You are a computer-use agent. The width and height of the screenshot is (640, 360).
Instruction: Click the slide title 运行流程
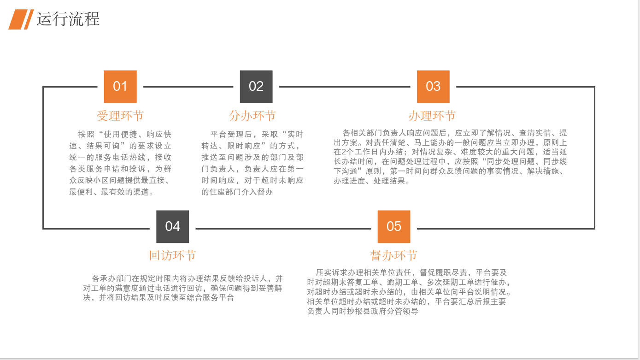pos(68,19)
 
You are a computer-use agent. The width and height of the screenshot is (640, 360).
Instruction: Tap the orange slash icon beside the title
pos(21,19)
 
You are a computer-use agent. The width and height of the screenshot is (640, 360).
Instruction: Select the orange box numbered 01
pos(120,87)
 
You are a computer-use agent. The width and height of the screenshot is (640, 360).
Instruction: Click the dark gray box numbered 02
pos(256,87)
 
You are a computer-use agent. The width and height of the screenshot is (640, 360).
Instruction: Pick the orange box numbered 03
pos(433,87)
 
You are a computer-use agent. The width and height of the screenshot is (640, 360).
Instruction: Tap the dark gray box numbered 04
pos(172,226)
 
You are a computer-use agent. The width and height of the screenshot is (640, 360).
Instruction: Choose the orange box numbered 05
pos(394,226)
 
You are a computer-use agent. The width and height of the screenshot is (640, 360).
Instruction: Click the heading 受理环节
pos(120,115)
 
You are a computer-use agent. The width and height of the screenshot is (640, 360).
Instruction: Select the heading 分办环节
pos(252,115)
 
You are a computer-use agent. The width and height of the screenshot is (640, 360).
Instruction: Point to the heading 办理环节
pos(432,115)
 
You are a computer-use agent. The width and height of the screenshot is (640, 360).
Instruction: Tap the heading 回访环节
pos(172,255)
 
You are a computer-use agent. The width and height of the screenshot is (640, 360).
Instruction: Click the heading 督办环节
pos(394,255)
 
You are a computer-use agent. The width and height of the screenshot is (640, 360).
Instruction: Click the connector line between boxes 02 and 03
pos(345,87)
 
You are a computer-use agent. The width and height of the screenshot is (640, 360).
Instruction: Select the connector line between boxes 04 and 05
pos(286,228)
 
